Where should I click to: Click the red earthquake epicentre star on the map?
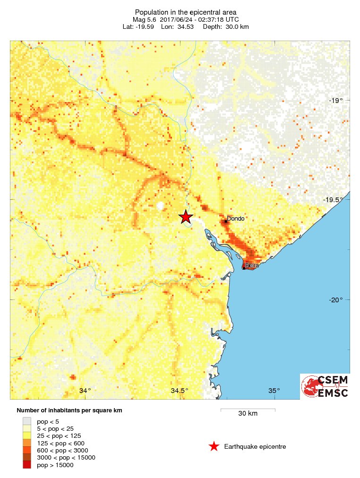pos(186,217)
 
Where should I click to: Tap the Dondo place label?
pos(235,219)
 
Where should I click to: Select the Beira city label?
pos(252,265)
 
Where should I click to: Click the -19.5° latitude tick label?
pos(334,200)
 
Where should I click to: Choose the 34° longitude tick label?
pos(85,391)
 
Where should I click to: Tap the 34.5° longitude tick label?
pos(180,391)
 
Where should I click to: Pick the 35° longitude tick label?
pos(274,391)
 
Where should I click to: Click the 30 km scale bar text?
pos(248,414)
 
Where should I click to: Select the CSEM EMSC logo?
pos(325,386)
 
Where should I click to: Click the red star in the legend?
pos(214,446)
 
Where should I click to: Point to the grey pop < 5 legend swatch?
pos(27,421)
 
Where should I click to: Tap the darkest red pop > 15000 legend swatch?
pos(27,465)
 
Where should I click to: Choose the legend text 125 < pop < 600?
pos(60,443)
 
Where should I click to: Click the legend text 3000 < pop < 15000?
pos(66,458)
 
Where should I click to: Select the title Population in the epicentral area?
pos(186,12)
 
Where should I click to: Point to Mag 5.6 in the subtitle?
pos(144,19)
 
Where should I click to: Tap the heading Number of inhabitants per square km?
pos(69,410)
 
